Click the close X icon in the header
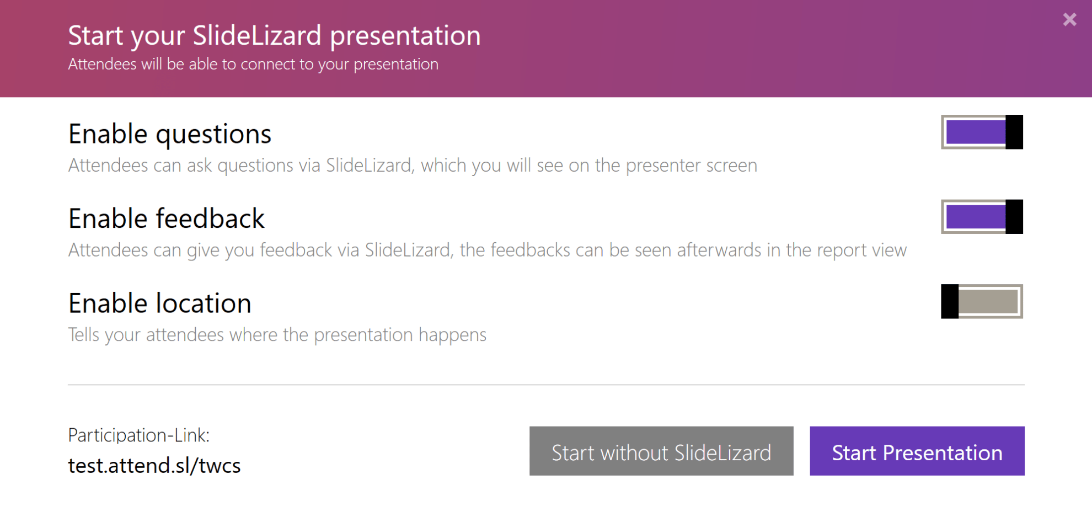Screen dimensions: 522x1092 (1069, 20)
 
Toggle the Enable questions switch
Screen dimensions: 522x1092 (982, 132)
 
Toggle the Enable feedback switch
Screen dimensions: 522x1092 (982, 217)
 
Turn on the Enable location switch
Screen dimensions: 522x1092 (982, 301)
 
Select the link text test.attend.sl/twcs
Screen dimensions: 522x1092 (154, 466)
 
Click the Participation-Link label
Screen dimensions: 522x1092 (138, 435)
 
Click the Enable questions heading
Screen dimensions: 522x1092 (170, 134)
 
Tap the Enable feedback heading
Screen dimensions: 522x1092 (167, 219)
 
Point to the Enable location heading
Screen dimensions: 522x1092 (160, 303)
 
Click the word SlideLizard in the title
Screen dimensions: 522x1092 (257, 36)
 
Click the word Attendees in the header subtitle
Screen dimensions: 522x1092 (102, 65)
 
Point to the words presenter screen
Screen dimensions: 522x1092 (691, 166)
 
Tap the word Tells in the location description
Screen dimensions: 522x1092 (84, 335)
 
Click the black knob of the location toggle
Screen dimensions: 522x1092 (950, 301)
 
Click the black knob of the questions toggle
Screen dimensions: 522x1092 (1014, 132)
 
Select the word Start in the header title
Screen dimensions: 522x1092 (95, 36)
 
